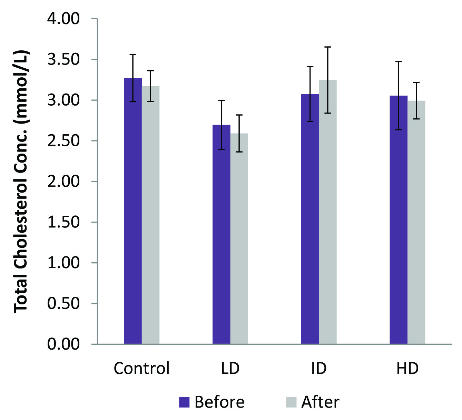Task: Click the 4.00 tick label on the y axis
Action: [x=63, y=19]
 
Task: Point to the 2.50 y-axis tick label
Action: [x=63, y=141]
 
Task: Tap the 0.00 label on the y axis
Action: [x=63, y=344]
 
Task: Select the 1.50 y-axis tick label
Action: [x=63, y=222]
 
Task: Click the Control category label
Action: [x=142, y=368]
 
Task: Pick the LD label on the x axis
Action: [x=230, y=368]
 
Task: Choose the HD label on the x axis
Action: [x=407, y=368]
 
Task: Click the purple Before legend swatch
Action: [x=184, y=402]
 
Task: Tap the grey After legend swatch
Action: [x=291, y=402]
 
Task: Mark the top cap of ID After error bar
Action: [x=328, y=47]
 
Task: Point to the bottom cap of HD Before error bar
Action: [x=399, y=130]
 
